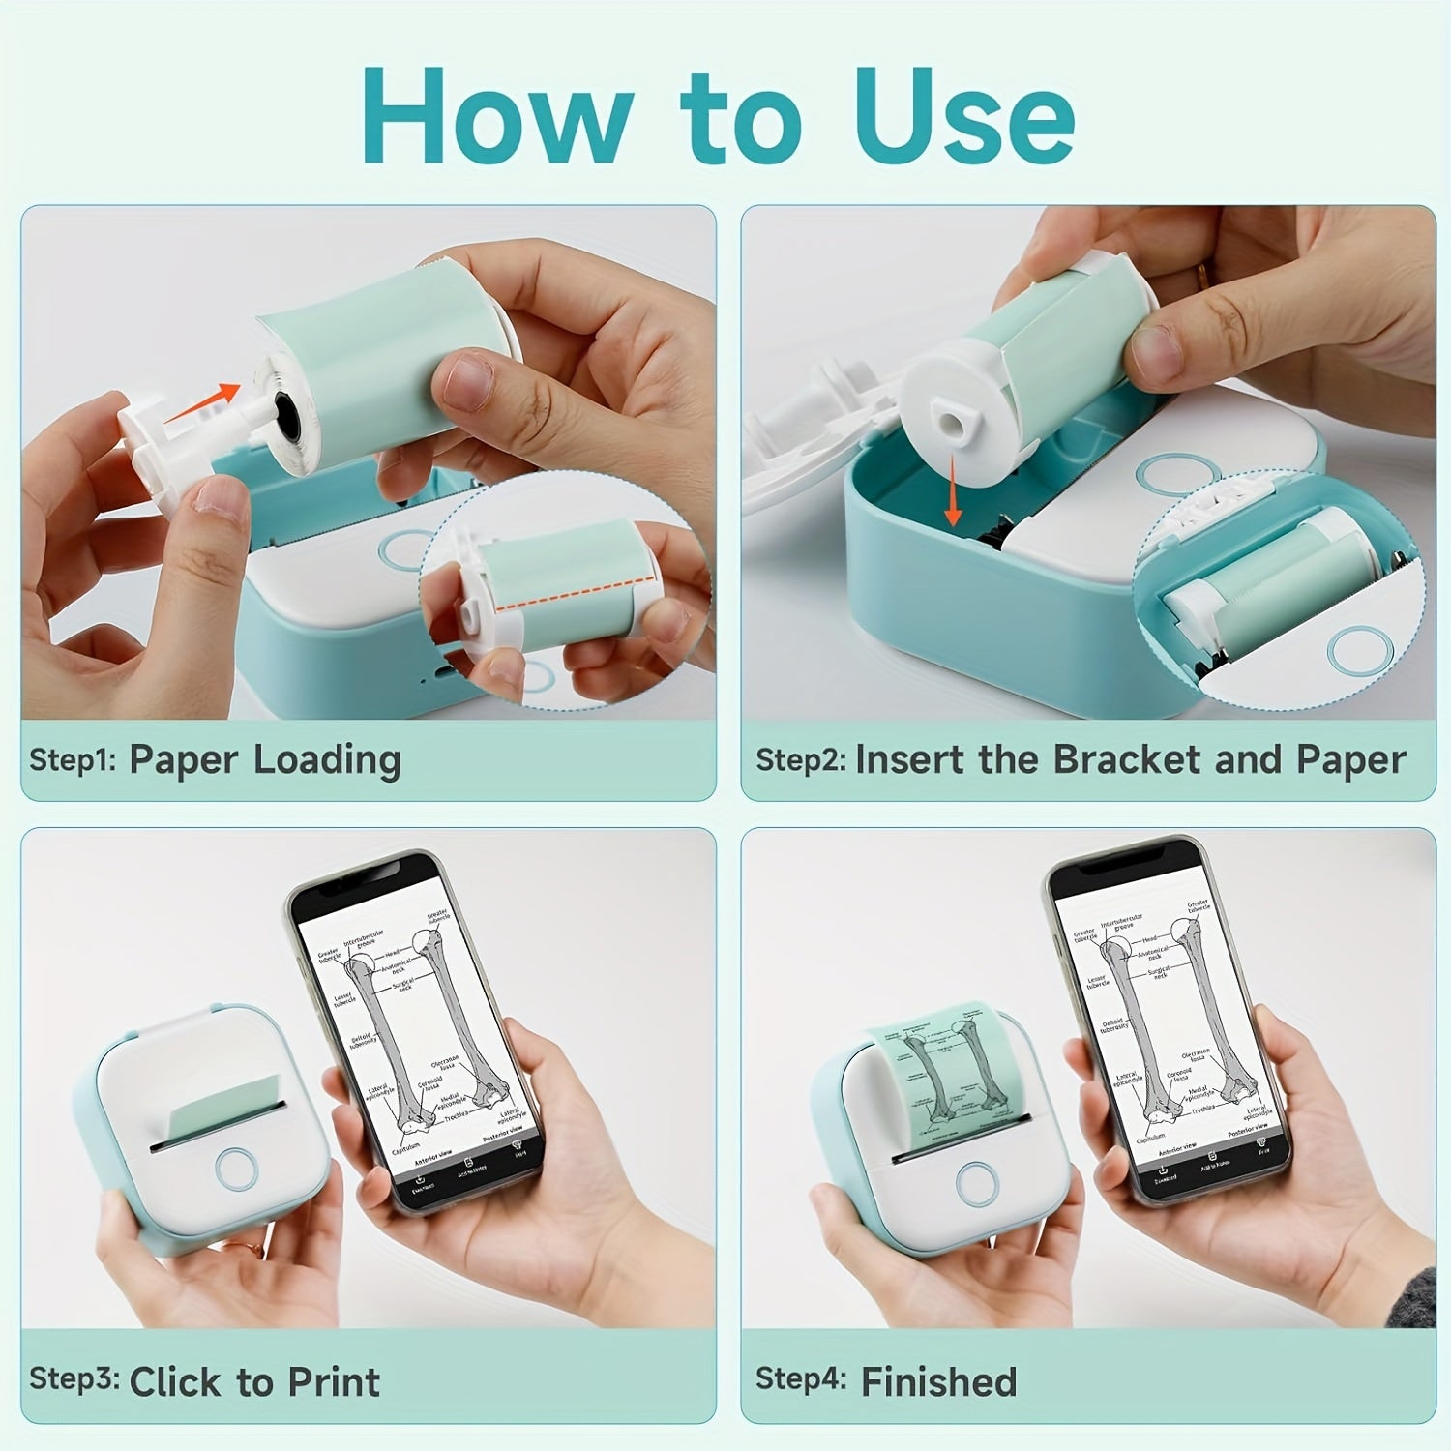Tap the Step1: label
click(73, 759)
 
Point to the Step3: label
click(74, 1378)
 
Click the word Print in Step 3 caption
click(334, 1381)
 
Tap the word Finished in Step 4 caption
click(938, 1381)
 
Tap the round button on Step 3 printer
click(236, 1168)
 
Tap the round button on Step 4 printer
click(976, 1181)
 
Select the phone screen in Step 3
click(418, 1035)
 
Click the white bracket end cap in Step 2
click(943, 418)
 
